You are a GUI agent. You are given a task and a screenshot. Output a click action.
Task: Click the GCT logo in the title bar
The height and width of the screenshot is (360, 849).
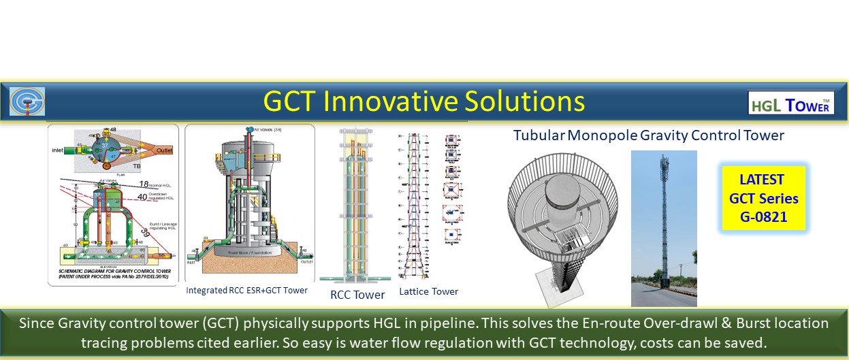(27, 101)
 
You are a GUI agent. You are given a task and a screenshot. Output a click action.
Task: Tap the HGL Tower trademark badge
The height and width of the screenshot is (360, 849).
(790, 103)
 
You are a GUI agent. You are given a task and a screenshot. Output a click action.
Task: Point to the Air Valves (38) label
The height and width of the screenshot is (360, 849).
(258, 131)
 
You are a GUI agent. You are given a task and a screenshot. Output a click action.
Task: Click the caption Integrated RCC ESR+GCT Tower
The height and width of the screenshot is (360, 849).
(246, 291)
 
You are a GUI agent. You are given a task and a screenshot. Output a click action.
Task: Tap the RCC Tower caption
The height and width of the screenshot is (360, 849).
(357, 295)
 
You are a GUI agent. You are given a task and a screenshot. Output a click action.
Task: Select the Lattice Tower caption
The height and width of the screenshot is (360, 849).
(428, 291)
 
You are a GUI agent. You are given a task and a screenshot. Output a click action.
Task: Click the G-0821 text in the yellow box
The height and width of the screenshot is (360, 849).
(763, 218)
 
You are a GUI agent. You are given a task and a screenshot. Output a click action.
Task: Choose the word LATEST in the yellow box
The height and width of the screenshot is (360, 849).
(763, 180)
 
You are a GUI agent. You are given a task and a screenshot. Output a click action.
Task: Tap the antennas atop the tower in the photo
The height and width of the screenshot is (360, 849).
(663, 163)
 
